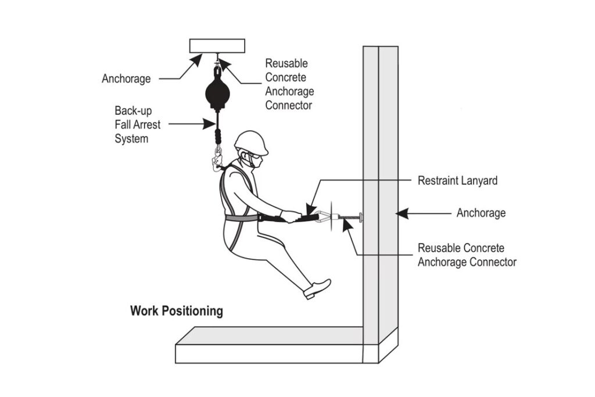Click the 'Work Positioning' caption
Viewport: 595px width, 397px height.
point(176,311)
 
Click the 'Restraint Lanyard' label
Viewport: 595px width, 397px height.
point(457,181)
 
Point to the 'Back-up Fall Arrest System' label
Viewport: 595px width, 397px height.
point(134,124)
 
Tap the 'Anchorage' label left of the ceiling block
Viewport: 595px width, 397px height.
point(126,78)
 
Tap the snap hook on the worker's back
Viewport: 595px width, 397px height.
point(218,160)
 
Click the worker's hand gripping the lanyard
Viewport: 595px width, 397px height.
point(289,216)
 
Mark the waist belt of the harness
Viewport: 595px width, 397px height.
point(241,218)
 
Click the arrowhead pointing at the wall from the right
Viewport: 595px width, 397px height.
point(402,213)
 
